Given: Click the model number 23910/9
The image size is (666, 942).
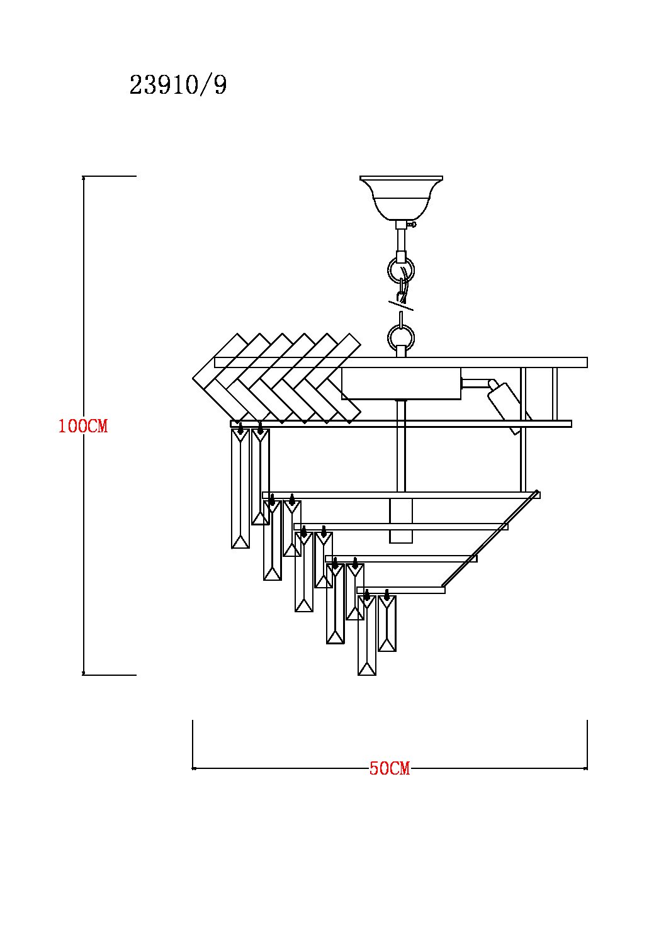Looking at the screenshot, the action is click(178, 85).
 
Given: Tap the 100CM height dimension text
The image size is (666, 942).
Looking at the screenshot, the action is click(83, 426).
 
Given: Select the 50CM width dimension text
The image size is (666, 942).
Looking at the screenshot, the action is click(390, 768).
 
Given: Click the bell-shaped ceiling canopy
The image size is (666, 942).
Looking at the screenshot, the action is click(401, 198).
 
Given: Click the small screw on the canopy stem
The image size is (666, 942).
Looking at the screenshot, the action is click(413, 225).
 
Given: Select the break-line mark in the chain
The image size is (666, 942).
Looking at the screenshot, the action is click(401, 306).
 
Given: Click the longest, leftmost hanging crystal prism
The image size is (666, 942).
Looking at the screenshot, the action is click(240, 488).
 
